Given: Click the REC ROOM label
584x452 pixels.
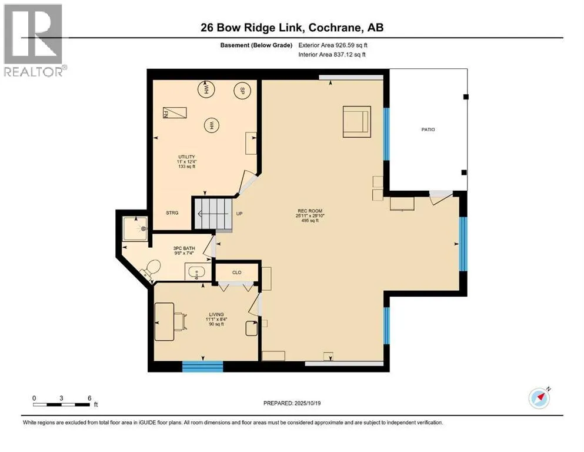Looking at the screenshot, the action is point(309,211).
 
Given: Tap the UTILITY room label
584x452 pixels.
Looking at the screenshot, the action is point(186,157).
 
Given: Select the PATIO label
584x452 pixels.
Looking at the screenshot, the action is point(428,129).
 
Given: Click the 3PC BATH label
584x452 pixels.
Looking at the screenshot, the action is point(184,248).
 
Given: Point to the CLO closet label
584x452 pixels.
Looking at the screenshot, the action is point(237,272).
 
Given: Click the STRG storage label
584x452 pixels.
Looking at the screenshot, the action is point(172,213).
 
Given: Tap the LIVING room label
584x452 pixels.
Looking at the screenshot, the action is point(216,314).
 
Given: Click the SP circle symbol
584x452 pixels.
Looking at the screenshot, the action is point(242,90).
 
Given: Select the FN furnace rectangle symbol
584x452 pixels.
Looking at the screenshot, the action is point(175,112).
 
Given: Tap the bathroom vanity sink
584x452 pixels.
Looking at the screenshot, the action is point(196,272).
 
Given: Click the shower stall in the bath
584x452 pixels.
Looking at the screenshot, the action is point(135,228).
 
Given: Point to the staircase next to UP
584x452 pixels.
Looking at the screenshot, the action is point(213,214).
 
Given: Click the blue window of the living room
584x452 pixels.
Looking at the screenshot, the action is point(203,366).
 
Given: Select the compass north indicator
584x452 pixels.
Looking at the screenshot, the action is point(539,398).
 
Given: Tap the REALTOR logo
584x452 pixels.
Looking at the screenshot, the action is point(34,40).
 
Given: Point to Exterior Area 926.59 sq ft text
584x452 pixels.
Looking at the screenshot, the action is point(333,45).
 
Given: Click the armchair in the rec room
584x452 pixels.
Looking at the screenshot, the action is point(357,121).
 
